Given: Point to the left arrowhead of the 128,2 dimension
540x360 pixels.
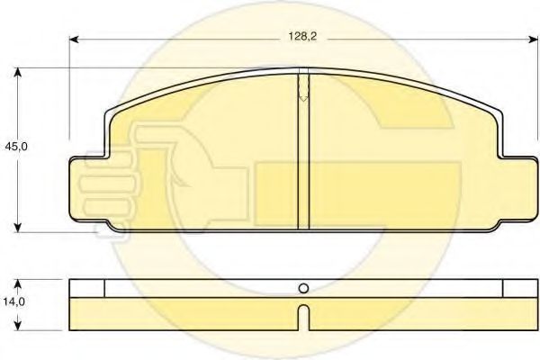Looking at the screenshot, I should point(75,40).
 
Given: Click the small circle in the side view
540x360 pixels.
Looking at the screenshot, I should point(303,289).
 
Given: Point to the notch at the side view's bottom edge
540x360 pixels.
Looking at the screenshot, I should point(303,315).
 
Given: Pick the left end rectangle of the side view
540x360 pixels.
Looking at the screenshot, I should point(87,288).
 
